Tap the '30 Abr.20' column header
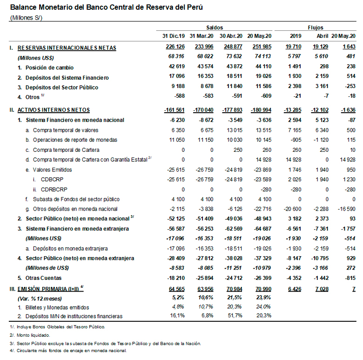pyautogui.click(x=231, y=36)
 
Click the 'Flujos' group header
pyautogui.click(x=315, y=27)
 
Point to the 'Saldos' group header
pyautogui.click(x=214, y=27)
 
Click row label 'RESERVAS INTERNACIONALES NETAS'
pyautogui.click(x=67, y=48)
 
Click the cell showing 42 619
pyautogui.click(x=175, y=68)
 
